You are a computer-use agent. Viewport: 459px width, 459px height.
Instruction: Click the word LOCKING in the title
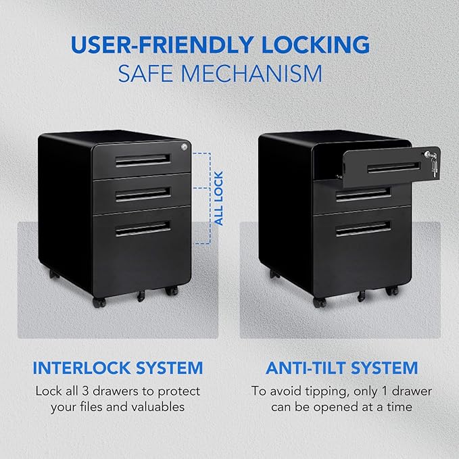click(x=316, y=45)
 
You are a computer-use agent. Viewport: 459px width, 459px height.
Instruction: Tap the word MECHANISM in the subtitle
click(x=251, y=74)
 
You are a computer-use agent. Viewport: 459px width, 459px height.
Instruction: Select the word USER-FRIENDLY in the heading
click(x=162, y=45)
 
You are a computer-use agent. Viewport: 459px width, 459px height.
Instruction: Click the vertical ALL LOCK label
click(x=218, y=198)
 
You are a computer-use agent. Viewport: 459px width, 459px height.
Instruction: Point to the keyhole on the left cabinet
click(x=184, y=147)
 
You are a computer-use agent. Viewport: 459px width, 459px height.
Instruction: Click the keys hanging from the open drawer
click(x=432, y=164)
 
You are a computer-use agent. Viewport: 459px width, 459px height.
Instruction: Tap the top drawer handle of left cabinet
click(x=143, y=160)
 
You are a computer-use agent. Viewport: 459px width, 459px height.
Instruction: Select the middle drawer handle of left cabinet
click(x=143, y=195)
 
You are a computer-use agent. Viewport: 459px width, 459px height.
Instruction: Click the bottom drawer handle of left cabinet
click(x=143, y=228)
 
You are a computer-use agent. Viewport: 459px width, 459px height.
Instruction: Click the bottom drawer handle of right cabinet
click(x=363, y=228)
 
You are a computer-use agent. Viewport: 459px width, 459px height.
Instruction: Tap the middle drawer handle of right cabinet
click(x=363, y=195)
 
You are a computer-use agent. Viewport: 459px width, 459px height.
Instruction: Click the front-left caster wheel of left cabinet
click(x=99, y=302)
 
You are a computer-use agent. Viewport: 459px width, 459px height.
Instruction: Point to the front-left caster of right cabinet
click(x=319, y=302)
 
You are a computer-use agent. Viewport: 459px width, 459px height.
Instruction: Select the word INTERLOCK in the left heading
click(x=82, y=368)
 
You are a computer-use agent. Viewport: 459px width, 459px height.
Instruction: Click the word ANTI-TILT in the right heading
click(x=306, y=368)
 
